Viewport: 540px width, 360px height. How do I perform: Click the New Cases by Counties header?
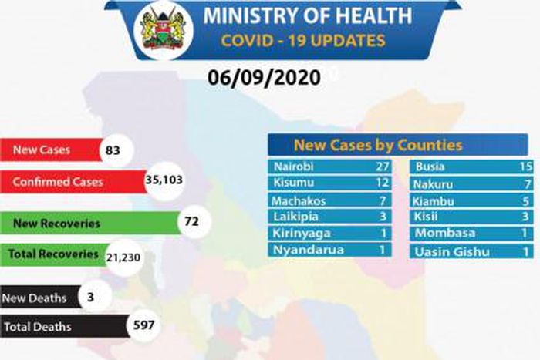pos(378,145)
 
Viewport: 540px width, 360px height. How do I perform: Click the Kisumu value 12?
pos(378,183)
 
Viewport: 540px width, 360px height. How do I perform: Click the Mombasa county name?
pos(444,234)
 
